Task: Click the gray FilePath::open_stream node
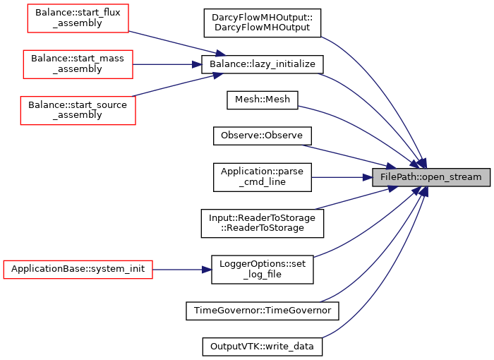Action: (x=431, y=177)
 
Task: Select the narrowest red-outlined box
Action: (x=78, y=18)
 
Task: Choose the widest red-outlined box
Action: (x=78, y=270)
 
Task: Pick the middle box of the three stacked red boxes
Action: (x=78, y=64)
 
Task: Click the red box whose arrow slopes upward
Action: (x=78, y=111)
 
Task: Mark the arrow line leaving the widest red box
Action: (x=176, y=270)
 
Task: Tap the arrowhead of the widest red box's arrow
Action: (x=207, y=270)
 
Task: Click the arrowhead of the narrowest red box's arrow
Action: (x=221, y=54)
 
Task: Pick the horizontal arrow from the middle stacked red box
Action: (x=166, y=64)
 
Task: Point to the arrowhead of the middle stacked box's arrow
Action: (x=198, y=64)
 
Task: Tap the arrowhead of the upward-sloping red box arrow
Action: (x=218, y=74)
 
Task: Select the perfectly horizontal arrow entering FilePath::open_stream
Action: (x=339, y=177)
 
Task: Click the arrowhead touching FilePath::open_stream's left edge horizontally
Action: (x=368, y=177)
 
